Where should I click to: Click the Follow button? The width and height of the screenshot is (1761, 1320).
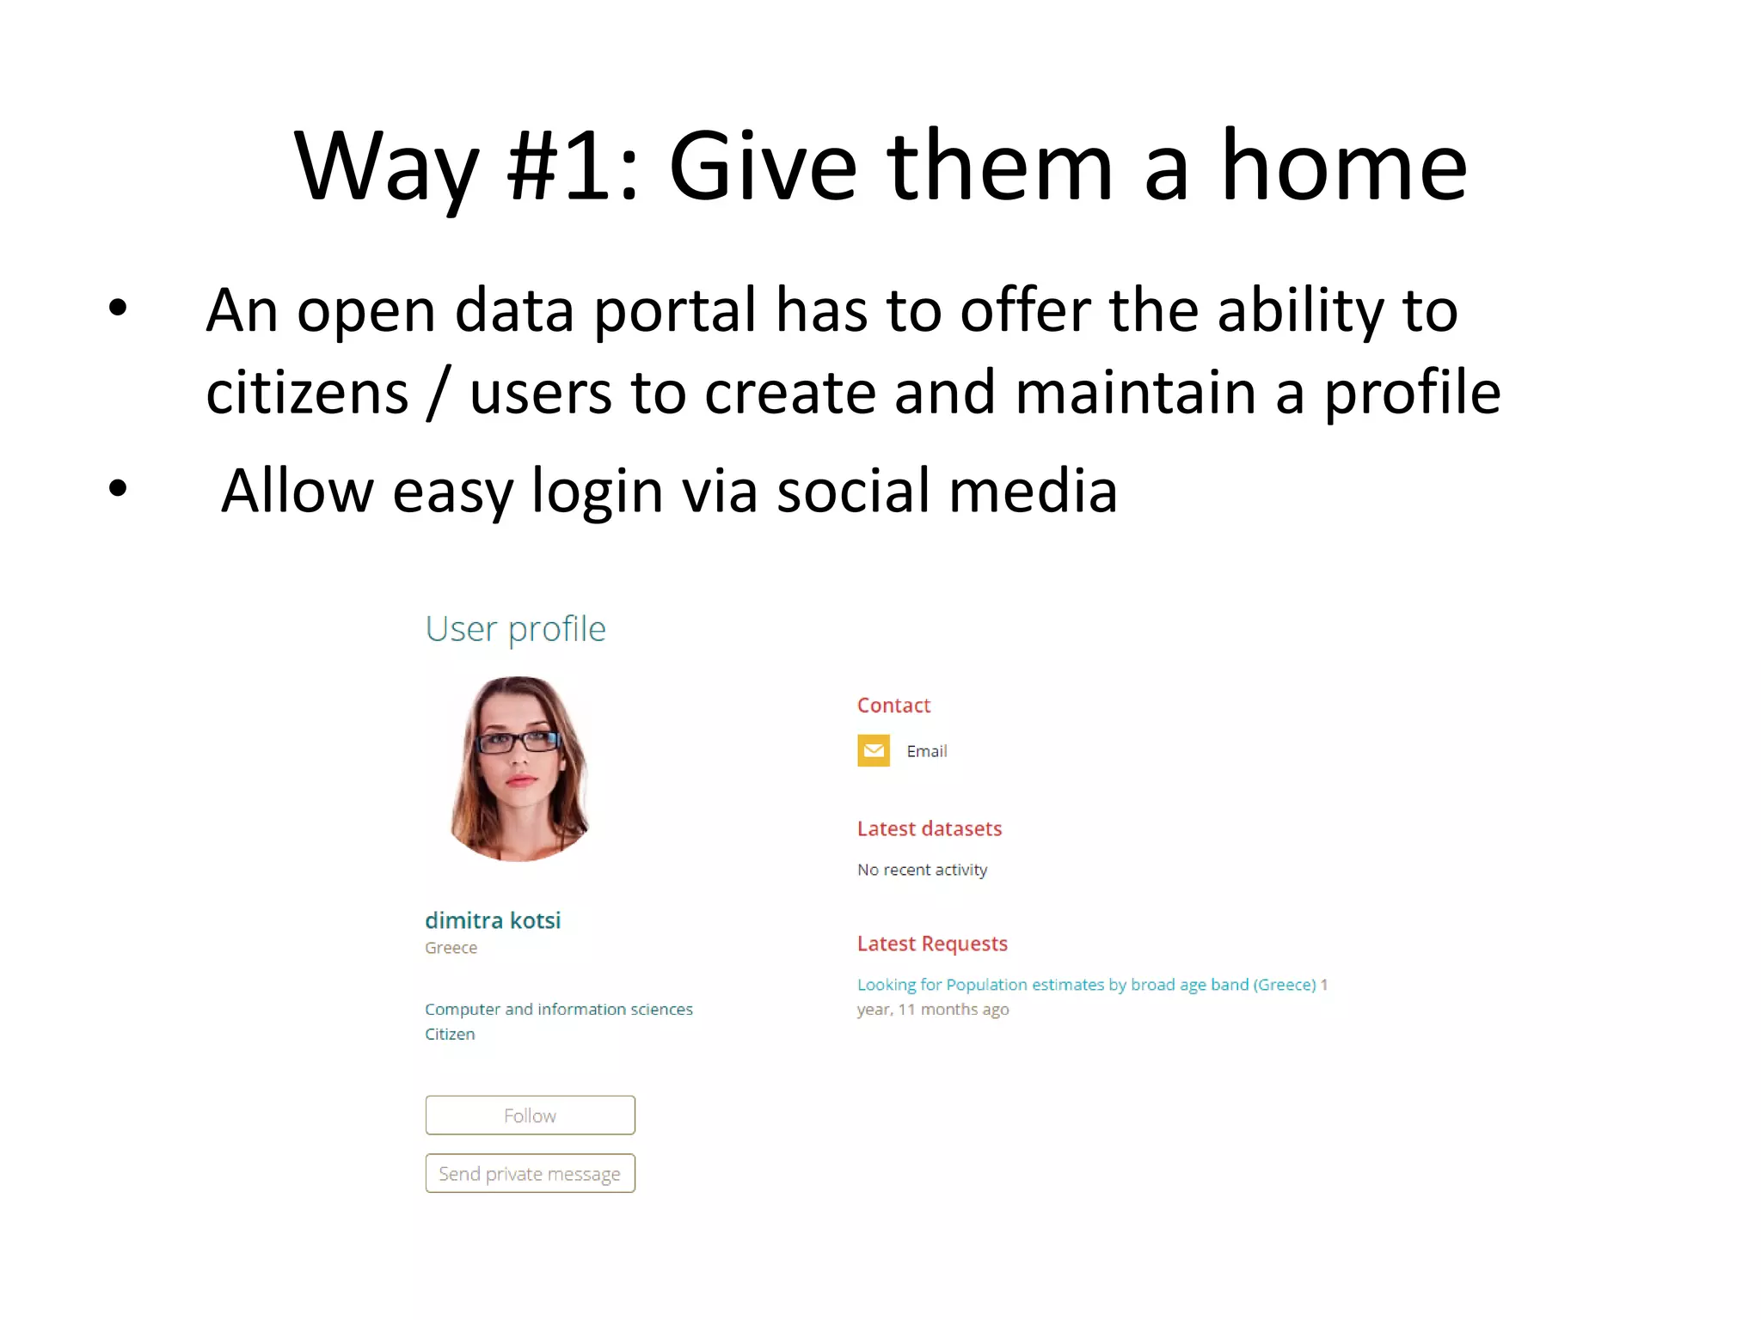tap(530, 1115)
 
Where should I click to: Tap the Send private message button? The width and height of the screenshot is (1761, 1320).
tap(530, 1173)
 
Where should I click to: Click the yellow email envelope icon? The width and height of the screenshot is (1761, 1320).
tap(873, 750)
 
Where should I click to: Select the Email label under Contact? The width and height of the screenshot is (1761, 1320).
tap(926, 751)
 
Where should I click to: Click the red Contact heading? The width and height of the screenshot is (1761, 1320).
tap(893, 706)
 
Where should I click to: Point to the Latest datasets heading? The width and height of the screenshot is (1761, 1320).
tap(929, 828)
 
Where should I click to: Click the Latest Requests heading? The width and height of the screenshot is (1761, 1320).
tap(931, 944)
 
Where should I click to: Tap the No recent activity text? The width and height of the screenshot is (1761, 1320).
tap(922, 870)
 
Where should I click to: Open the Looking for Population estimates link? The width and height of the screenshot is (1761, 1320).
tap(1086, 985)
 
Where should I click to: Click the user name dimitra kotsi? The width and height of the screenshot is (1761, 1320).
tap(493, 920)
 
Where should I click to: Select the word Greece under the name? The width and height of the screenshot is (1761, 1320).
tap(451, 948)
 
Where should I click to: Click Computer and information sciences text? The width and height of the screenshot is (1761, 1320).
tap(558, 1009)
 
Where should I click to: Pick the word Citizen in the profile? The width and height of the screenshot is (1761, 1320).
tap(450, 1034)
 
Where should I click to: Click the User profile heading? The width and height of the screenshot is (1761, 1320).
tap(515, 629)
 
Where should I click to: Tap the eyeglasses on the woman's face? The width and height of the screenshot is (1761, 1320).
tap(518, 741)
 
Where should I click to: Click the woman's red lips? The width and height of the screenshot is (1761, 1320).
tap(521, 780)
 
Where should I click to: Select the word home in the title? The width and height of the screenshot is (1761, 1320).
tap(1343, 165)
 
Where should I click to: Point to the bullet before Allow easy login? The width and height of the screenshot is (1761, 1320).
tap(118, 488)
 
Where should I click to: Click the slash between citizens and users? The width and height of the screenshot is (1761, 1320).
tap(439, 393)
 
